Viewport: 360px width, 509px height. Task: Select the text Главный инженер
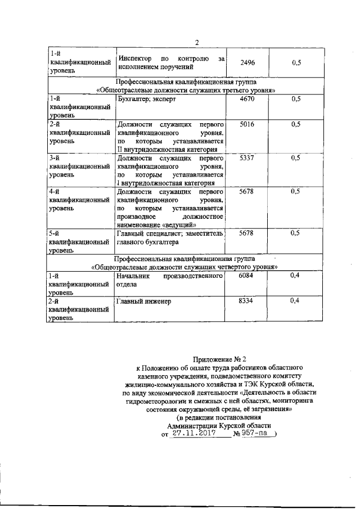point(143,302)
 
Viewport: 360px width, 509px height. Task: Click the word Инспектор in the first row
point(136,58)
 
